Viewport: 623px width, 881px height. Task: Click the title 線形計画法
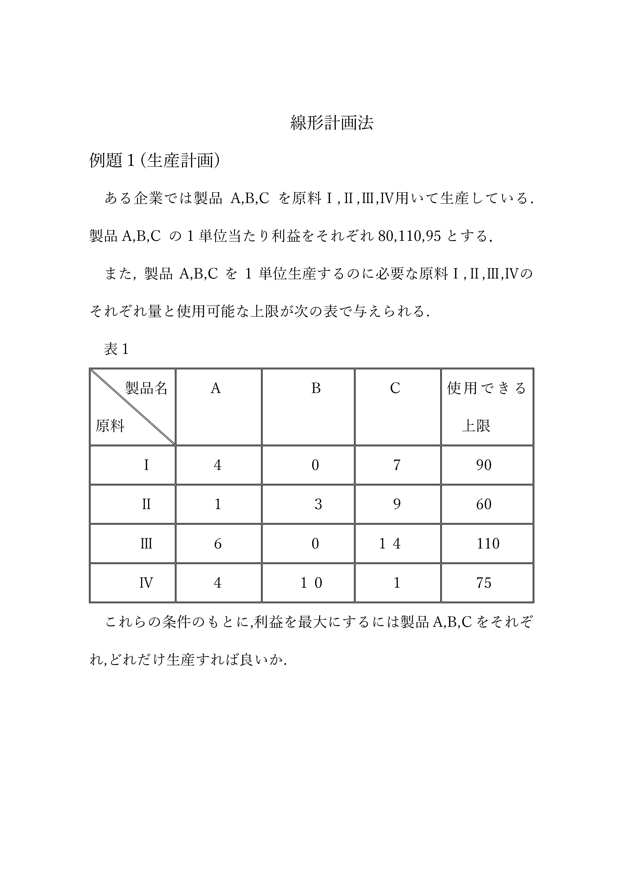click(x=332, y=123)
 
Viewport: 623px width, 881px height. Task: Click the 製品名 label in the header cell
click(x=146, y=388)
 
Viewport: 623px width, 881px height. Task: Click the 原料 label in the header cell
click(x=110, y=426)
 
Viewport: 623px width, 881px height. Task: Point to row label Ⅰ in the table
click(x=146, y=465)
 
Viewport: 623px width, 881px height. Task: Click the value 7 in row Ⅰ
click(x=397, y=465)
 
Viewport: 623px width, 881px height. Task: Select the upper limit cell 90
click(x=484, y=465)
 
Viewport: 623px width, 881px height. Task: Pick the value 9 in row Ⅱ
click(x=397, y=504)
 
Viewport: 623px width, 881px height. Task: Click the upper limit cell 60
click(x=484, y=504)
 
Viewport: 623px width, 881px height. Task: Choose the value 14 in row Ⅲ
click(x=390, y=544)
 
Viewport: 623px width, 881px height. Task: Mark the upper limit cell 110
click(x=488, y=544)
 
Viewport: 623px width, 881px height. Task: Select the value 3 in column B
click(x=318, y=504)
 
